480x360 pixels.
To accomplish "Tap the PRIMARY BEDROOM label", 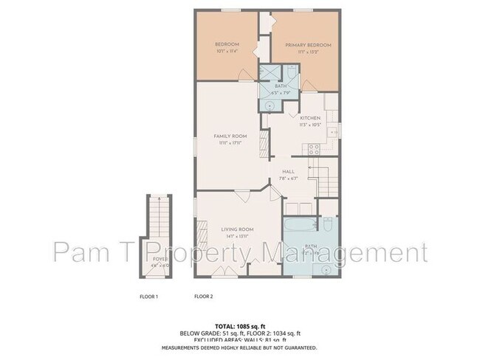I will tap(309, 45).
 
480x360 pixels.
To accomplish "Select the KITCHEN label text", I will tap(309, 118).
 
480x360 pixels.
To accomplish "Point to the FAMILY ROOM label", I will tap(230, 136).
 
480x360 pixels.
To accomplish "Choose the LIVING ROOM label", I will tap(238, 229).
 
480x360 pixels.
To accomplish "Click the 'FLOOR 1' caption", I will tap(149, 296).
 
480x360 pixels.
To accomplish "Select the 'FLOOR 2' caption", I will tap(203, 296).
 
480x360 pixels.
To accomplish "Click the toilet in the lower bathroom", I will tap(326, 224).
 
